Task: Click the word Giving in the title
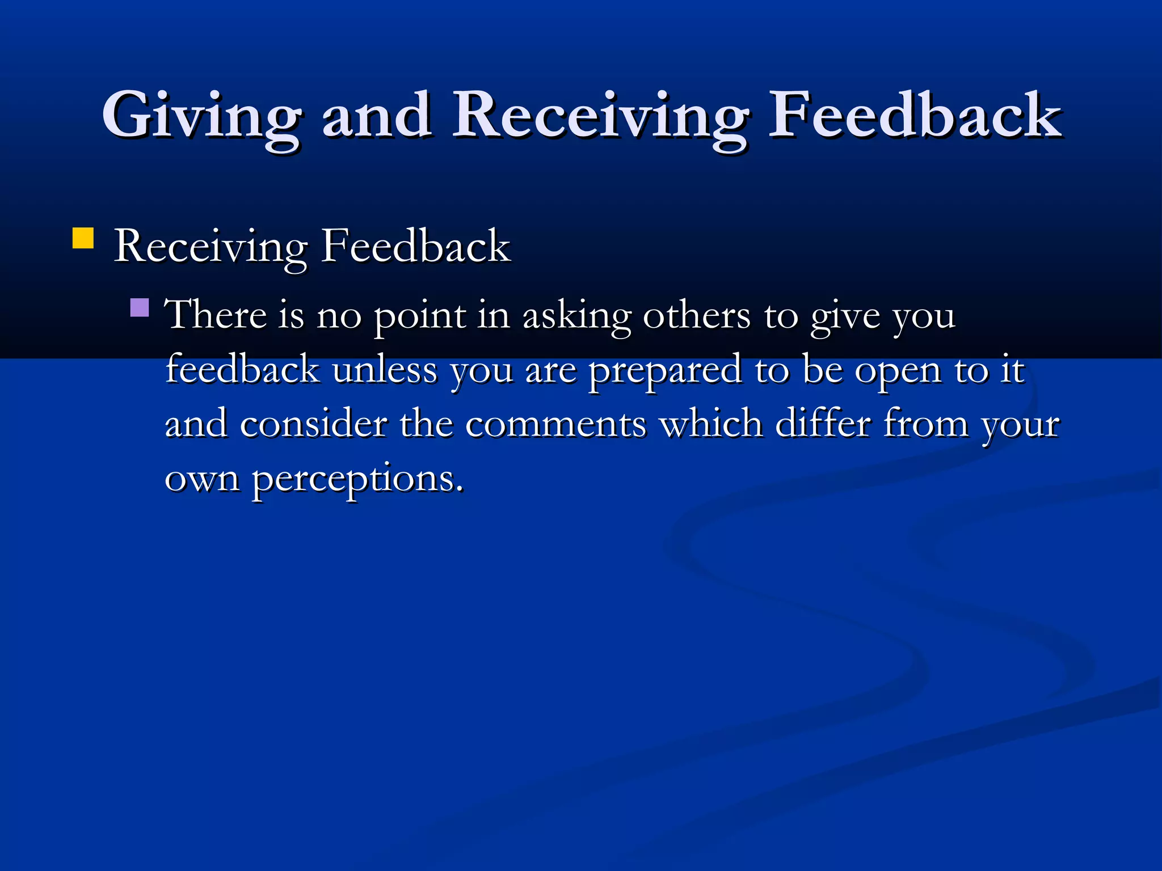201,116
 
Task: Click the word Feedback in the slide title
914,116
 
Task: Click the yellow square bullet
83,238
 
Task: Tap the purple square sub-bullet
140,307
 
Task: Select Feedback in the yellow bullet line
416,247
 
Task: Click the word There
215,315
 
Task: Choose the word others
697,315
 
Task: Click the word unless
385,370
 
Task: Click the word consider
313,424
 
